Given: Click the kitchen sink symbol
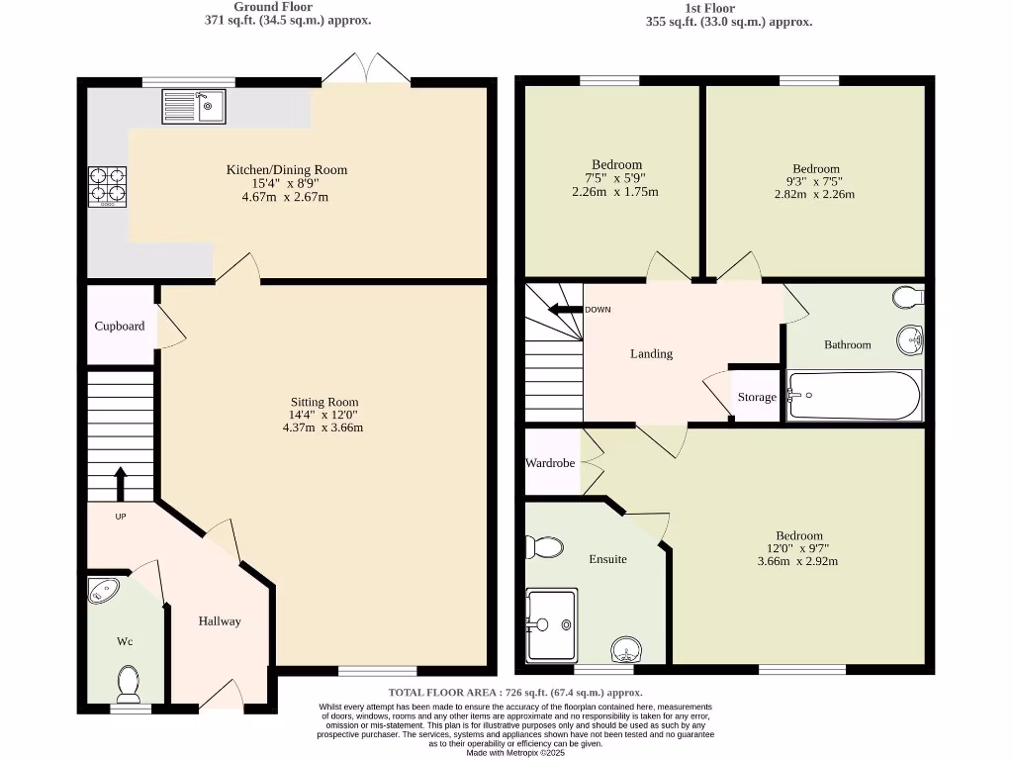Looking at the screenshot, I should tap(194, 106).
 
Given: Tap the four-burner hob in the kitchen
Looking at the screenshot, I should tap(108, 185).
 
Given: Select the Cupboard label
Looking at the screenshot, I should tap(120, 326).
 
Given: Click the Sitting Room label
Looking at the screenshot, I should tap(322, 402).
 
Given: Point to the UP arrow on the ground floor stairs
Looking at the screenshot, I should tap(121, 485).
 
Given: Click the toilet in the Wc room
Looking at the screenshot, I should tap(128, 682).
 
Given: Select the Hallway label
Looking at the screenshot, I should tap(219, 621).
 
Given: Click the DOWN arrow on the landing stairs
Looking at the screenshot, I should tap(567, 310).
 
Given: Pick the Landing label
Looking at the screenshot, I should tap(651, 353).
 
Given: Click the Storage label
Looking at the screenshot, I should tap(757, 397).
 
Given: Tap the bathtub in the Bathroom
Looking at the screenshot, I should tap(854, 396).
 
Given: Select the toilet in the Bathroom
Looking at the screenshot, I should tap(906, 296).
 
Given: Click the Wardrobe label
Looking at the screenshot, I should tap(550, 462).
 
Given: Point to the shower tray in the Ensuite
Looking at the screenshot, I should tap(551, 624).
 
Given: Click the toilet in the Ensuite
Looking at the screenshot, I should tap(543, 546).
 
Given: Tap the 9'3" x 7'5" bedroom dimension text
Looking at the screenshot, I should tap(815, 181).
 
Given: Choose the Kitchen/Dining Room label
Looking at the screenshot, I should tap(287, 170).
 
